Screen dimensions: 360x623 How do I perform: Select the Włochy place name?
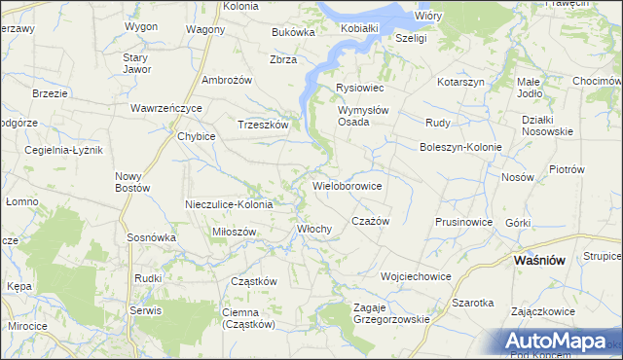click(x=314, y=230)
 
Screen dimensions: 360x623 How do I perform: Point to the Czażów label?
click(x=370, y=221)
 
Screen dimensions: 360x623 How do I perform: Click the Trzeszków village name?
click(x=263, y=125)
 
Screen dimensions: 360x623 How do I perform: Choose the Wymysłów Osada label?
click(x=362, y=116)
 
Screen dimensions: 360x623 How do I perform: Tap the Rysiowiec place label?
click(x=360, y=89)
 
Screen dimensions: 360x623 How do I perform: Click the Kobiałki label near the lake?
click(x=359, y=29)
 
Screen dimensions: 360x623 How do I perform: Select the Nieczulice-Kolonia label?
click(x=230, y=204)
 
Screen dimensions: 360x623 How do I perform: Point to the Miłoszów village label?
click(x=234, y=233)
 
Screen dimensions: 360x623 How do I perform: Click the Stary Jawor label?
click(x=136, y=64)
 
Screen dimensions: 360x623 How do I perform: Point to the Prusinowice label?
click(x=464, y=222)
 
